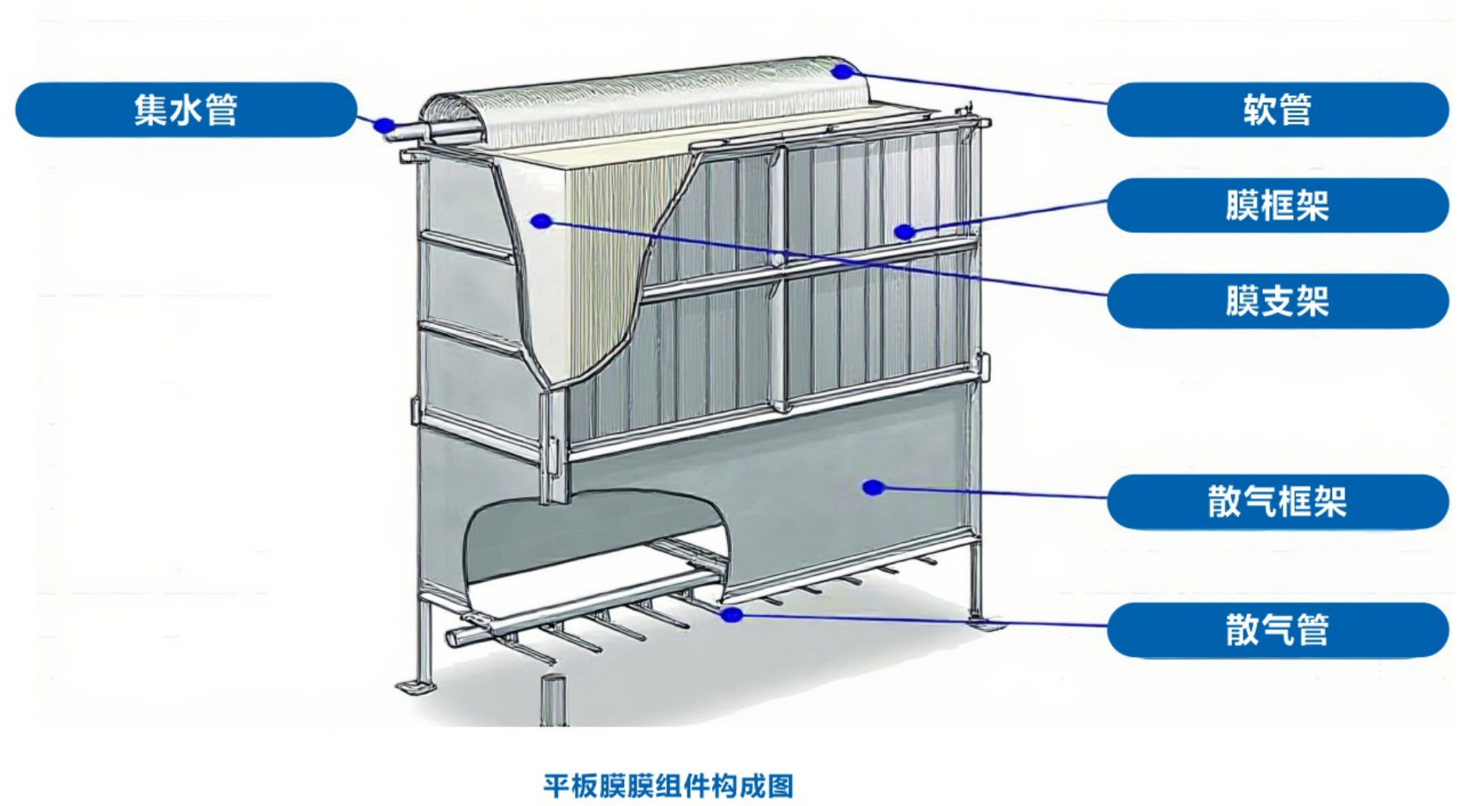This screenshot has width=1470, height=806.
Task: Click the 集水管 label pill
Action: coord(186,109)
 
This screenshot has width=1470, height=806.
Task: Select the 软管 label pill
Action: coord(1277,109)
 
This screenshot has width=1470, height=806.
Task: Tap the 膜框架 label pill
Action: coord(1277,205)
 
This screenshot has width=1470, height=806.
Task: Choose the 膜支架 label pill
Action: coord(1277,301)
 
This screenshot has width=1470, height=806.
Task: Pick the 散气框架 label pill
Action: coord(1277,502)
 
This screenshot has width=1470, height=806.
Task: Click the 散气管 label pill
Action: coord(1277,630)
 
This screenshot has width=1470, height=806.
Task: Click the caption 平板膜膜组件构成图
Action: coord(668,786)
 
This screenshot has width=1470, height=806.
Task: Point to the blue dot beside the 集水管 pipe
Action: coord(385,124)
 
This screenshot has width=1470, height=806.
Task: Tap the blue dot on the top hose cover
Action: coord(841,72)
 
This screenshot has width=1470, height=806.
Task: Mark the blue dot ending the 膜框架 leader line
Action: coord(904,232)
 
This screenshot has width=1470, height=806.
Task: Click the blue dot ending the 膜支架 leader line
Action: coord(542,221)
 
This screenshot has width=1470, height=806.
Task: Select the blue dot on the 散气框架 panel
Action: coord(873,487)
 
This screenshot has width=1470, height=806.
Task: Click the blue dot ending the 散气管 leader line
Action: coord(731,614)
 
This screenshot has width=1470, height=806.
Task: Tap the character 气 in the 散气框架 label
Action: coord(1259,502)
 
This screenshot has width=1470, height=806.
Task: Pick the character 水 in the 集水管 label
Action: coord(186,109)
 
